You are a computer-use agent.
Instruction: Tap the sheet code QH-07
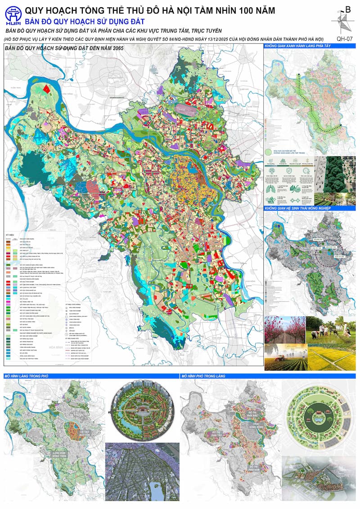click(343, 39)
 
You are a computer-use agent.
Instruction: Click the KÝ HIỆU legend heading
click(10, 235)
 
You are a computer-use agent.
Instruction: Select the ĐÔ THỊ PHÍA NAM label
click(255, 468)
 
